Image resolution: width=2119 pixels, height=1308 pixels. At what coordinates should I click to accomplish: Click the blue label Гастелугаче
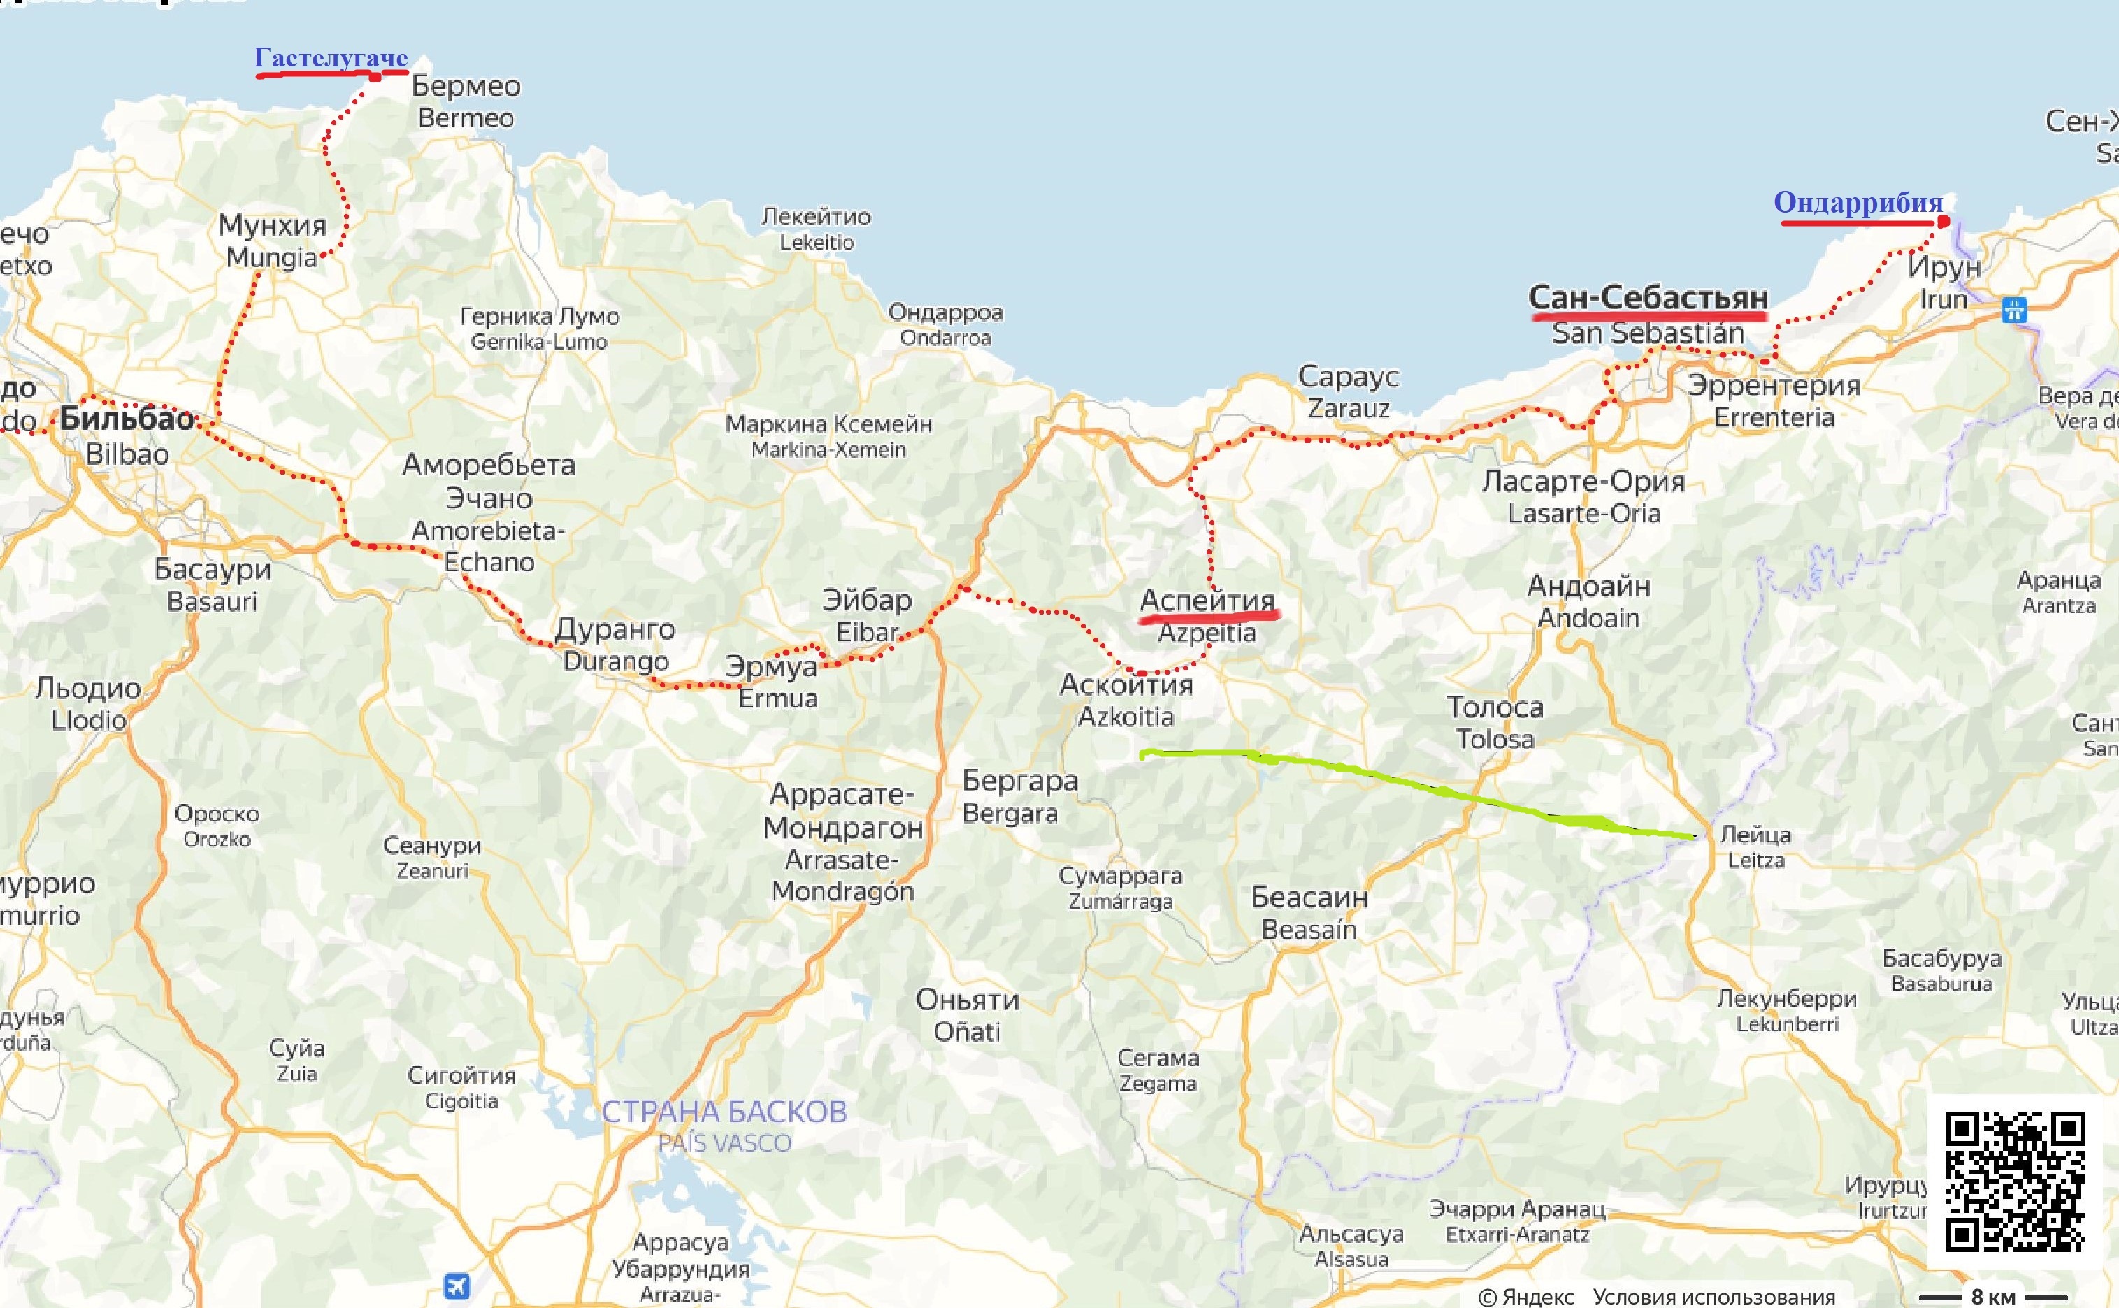click(x=331, y=58)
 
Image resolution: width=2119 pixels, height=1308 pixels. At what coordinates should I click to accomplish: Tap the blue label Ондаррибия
click(x=1858, y=203)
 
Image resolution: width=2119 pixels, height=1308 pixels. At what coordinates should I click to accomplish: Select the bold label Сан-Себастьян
click(x=1648, y=298)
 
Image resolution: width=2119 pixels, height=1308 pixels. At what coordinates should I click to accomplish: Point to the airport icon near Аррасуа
click(x=457, y=1286)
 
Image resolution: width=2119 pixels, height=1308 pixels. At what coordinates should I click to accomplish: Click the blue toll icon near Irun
click(x=2014, y=310)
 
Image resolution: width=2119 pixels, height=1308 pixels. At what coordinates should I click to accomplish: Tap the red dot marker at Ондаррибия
click(x=1944, y=222)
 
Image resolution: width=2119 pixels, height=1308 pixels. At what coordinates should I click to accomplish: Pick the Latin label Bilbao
click(x=127, y=453)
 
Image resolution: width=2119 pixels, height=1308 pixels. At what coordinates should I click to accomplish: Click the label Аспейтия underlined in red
click(x=1207, y=600)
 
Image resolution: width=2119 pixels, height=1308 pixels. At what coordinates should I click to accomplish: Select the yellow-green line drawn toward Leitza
click(x=1418, y=782)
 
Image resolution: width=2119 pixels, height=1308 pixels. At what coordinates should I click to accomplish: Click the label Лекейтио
click(x=816, y=216)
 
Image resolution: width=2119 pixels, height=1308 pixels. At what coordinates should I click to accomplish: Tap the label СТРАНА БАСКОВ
click(x=724, y=1112)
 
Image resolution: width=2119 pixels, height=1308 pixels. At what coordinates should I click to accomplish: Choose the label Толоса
click(x=1495, y=707)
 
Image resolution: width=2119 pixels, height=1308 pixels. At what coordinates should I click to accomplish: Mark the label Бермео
click(x=466, y=86)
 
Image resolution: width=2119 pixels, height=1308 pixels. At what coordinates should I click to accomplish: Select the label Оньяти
click(x=967, y=1000)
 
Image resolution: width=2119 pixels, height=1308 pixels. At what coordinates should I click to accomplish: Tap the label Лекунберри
click(x=1787, y=998)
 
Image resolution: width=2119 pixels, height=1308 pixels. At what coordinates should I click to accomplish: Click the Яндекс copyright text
click(x=1527, y=1297)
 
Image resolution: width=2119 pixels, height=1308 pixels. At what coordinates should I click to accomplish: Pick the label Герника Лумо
click(x=539, y=317)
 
